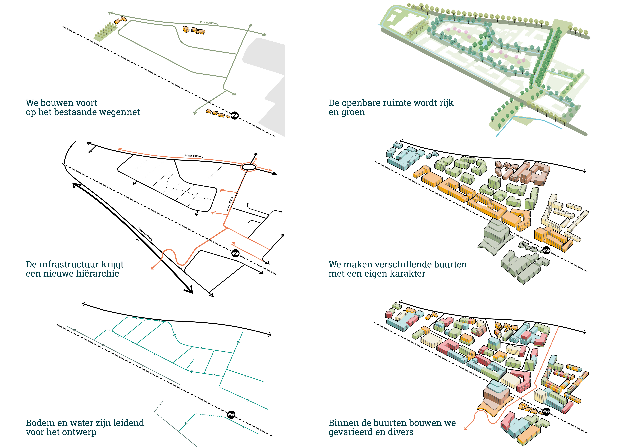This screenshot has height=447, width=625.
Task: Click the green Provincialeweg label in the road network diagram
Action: tap(209, 23)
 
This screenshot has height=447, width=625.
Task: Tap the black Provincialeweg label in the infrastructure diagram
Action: tap(194, 156)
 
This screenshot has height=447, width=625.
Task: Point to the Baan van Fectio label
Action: tap(145, 234)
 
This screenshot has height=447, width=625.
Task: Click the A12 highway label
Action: tap(138, 241)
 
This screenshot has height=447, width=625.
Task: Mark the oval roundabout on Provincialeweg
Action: tap(249, 167)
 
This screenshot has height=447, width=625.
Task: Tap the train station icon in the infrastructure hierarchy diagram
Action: tap(235, 253)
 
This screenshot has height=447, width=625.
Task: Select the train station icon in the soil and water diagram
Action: tap(231, 414)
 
